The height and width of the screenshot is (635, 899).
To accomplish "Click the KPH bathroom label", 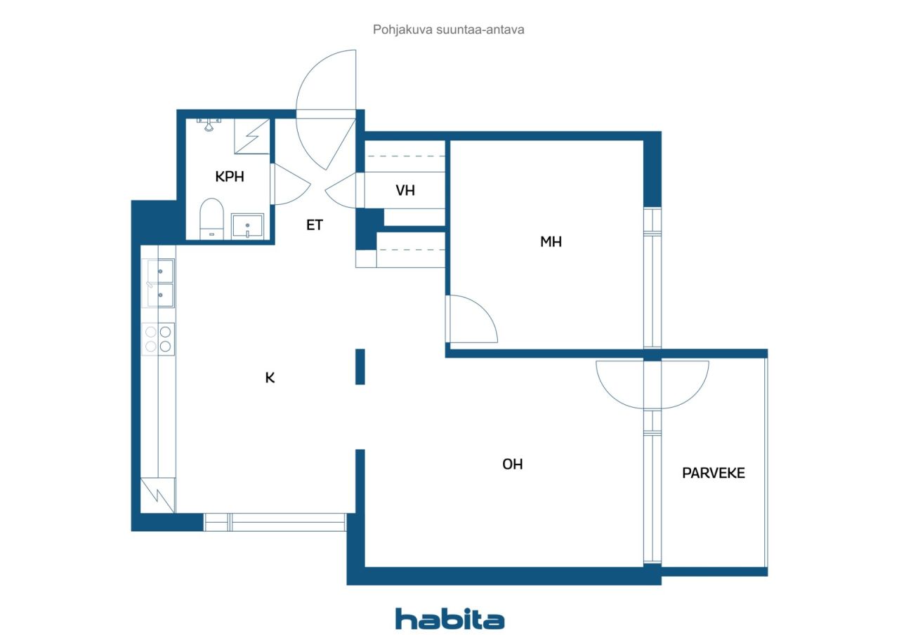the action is (x=230, y=176).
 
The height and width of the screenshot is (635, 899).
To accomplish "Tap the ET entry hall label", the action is (x=314, y=225).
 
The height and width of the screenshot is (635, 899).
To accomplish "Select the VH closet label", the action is (x=405, y=190).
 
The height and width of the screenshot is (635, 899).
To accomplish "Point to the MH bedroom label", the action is (x=551, y=242).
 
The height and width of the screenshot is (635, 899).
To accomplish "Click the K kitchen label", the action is (x=270, y=377).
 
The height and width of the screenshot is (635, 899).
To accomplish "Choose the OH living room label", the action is (x=512, y=464).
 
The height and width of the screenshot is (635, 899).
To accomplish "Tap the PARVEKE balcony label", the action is (x=713, y=473).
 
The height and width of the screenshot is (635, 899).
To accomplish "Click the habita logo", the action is (x=449, y=619).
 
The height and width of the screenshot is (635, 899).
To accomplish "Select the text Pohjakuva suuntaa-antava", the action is (x=448, y=29).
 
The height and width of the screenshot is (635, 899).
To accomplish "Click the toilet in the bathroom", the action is (x=211, y=219).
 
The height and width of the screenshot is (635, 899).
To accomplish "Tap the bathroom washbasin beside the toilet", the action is (x=247, y=226).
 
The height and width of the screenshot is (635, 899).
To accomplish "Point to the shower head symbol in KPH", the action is (x=209, y=125).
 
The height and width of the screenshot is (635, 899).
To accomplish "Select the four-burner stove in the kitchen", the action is (x=158, y=339).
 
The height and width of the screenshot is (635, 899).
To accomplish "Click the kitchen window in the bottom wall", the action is (x=275, y=522).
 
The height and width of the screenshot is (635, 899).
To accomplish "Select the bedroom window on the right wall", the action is (x=652, y=277).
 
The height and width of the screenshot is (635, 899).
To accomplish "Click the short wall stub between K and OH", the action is (x=360, y=367).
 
